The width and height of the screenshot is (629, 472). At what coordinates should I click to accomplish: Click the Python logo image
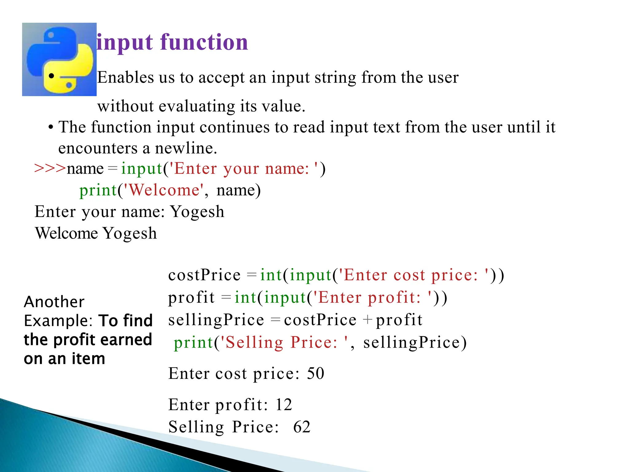(59, 59)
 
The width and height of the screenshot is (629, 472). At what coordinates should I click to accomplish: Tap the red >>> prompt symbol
(50, 168)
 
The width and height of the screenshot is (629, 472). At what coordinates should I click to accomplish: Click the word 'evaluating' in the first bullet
(197, 106)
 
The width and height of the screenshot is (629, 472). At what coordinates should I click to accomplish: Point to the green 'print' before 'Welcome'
(98, 190)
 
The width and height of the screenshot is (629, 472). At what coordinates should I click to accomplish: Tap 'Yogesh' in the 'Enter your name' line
(197, 212)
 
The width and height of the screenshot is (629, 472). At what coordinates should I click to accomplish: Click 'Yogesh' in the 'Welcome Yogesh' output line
(129, 234)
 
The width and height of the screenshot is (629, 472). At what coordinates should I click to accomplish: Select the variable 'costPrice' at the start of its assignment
(204, 275)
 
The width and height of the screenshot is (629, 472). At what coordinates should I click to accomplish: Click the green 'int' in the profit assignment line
(245, 297)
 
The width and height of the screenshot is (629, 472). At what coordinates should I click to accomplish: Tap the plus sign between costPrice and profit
(367, 320)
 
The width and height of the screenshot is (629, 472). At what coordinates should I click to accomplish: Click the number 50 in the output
(315, 374)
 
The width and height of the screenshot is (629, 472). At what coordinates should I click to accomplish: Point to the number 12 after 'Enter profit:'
(283, 405)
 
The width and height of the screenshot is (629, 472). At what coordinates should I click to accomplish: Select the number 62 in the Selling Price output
(302, 427)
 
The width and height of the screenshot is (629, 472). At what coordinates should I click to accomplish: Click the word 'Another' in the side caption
(54, 302)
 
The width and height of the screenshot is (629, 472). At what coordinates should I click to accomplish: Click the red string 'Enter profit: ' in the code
(372, 297)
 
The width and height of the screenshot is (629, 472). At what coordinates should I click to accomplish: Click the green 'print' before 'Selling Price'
(193, 343)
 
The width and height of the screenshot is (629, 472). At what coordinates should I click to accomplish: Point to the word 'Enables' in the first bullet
(126, 77)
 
